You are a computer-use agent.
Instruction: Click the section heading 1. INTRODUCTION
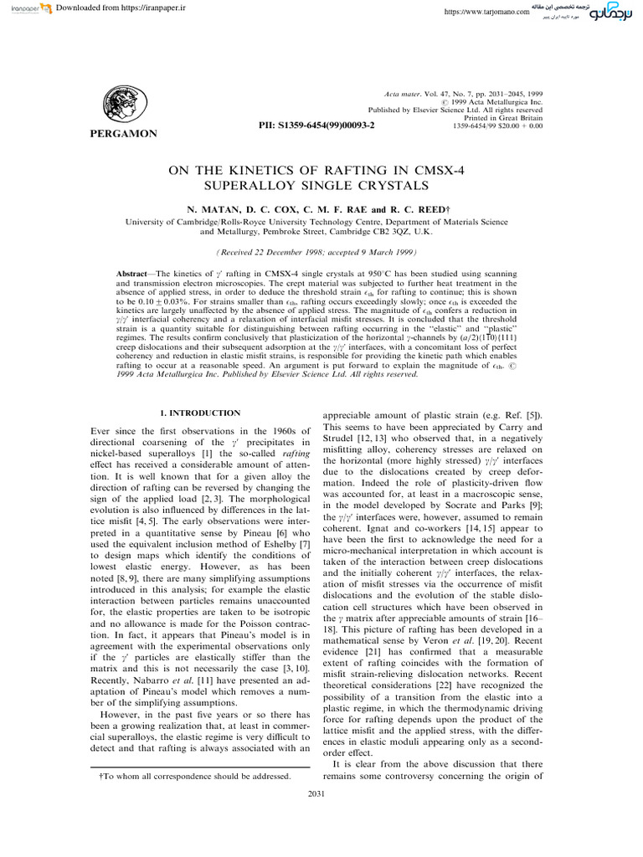(x=200, y=413)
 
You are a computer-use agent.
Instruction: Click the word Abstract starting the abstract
(x=135, y=275)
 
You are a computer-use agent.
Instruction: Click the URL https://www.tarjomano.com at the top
(x=486, y=13)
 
